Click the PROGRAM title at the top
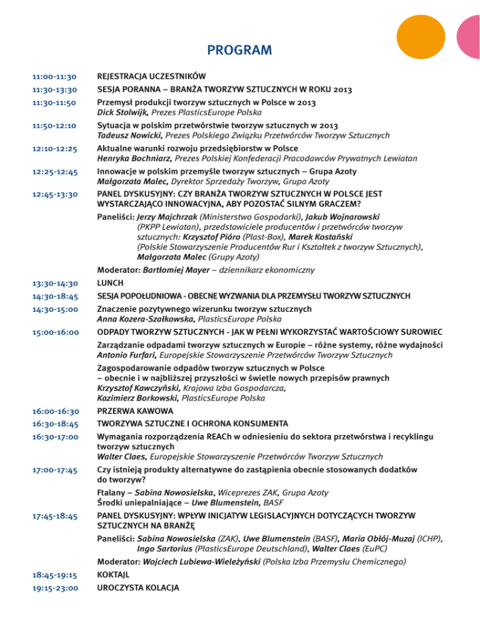coord(239,49)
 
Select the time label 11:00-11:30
coord(54,77)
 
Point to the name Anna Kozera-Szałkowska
coord(146,319)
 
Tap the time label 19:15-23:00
coord(54,588)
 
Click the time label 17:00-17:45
coord(54,470)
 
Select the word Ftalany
coord(113,493)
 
